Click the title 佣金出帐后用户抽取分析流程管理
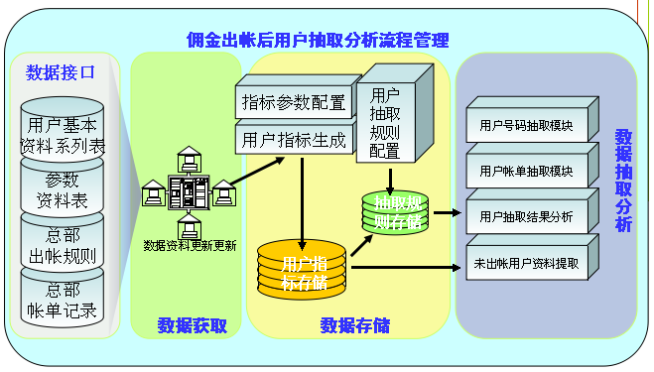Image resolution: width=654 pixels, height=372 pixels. pos(318,41)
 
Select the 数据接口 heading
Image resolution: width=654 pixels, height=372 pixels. pos(61,72)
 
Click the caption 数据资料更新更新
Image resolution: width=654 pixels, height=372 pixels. pos(189,245)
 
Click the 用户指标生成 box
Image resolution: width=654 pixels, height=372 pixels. pos(293,140)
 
